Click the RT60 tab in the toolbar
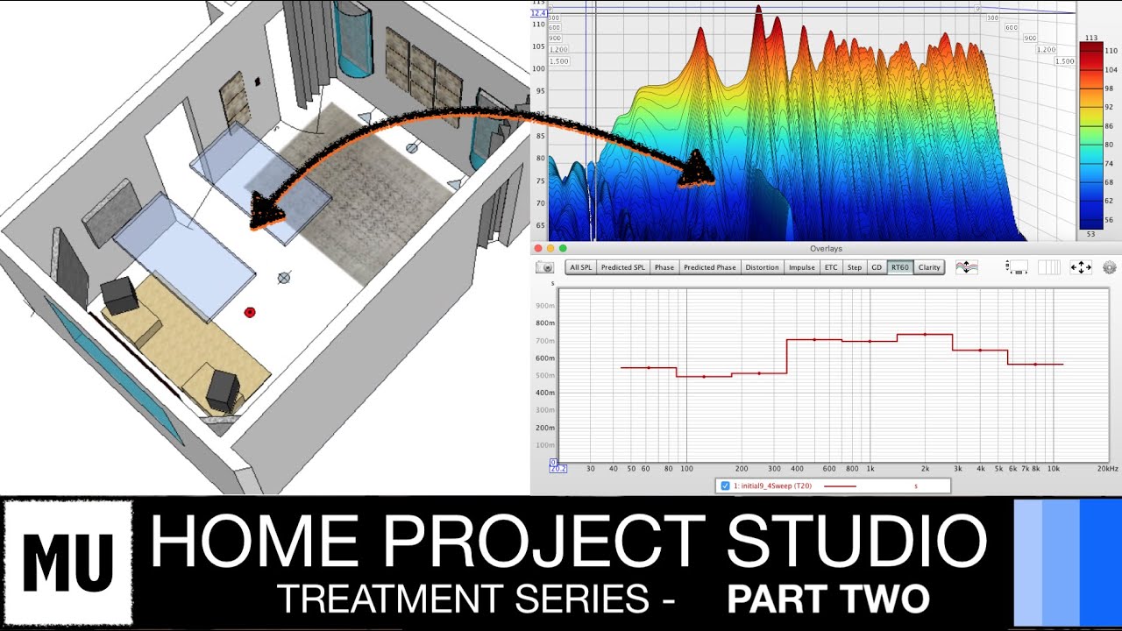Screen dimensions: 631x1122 pos(900,267)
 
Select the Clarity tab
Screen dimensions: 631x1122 pos(929,267)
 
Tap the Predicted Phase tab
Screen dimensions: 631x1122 pos(709,267)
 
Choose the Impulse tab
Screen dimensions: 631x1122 pos(801,267)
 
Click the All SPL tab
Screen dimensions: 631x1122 pos(580,267)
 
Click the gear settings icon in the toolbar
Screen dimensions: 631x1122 pos(1110,267)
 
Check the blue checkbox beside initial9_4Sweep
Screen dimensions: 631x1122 pos(725,486)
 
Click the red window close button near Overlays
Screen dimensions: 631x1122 pos(538,249)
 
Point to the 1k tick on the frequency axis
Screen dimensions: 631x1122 pos(870,469)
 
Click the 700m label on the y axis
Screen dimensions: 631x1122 pos(544,340)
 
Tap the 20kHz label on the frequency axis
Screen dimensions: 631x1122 pos(1107,469)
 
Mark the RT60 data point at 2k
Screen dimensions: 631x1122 pos(925,334)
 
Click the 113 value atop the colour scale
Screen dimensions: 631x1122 pos(1091,39)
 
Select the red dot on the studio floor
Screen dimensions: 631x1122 pos(250,312)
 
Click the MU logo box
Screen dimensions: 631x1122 pos(67,563)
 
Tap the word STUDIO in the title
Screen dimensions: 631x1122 pos(856,542)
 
